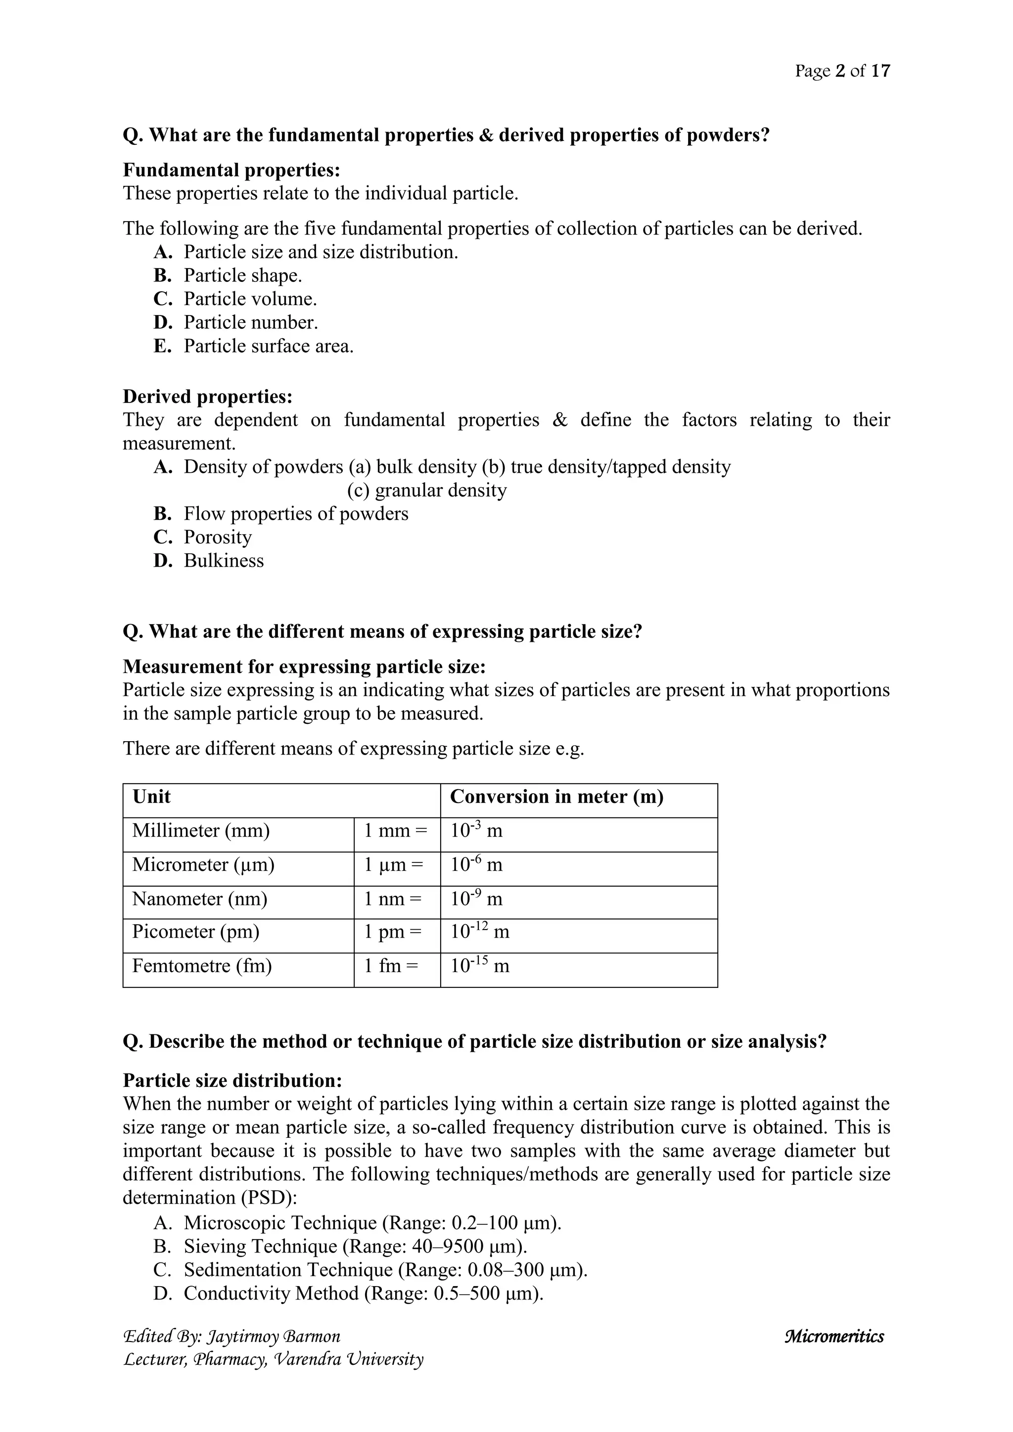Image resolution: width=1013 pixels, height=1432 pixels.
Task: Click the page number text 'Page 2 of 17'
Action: (x=842, y=71)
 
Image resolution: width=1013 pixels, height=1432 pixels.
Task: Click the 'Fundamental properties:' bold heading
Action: (x=231, y=170)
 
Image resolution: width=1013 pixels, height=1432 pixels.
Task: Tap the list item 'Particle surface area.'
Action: (x=268, y=346)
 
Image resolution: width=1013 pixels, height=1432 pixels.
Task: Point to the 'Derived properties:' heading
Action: (x=207, y=397)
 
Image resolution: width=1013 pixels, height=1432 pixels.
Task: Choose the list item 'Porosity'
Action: (x=217, y=537)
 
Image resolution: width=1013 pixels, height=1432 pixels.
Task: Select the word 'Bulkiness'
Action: (x=223, y=561)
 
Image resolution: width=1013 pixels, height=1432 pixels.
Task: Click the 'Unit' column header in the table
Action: (x=151, y=797)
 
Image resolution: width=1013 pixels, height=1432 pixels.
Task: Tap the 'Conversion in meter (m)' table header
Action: (x=556, y=797)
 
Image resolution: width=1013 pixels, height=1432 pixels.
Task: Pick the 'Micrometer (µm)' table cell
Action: (x=203, y=864)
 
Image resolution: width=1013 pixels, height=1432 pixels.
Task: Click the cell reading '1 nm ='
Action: (x=393, y=899)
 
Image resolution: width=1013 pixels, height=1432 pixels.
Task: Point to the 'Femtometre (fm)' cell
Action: (x=202, y=966)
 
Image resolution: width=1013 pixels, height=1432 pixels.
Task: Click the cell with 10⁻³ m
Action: (x=476, y=831)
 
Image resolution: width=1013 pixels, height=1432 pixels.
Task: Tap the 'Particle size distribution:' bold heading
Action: (x=232, y=1080)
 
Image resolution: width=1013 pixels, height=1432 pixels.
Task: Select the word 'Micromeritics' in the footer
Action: (x=834, y=1337)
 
